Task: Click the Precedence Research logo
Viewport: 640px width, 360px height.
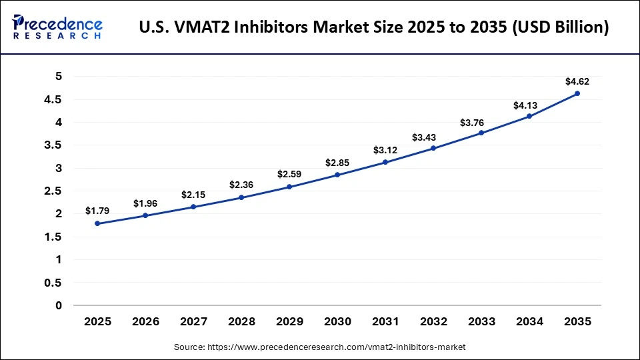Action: [x=57, y=27]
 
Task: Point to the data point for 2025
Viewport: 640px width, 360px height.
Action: [x=97, y=223]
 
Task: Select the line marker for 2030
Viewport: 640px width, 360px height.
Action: [x=337, y=175]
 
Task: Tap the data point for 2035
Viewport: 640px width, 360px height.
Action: [x=577, y=93]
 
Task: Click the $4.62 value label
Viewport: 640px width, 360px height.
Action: [x=577, y=81]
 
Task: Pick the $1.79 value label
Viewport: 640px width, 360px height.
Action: [x=97, y=211]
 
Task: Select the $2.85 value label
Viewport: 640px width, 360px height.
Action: [x=337, y=163]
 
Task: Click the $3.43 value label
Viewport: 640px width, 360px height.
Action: [x=433, y=137]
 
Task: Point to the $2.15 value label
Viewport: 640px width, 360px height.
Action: [x=193, y=195]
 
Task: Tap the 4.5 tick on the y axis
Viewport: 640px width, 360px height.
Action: [x=54, y=99]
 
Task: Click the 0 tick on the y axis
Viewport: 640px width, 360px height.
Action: [x=59, y=305]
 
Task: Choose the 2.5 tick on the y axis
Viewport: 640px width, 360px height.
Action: [x=54, y=191]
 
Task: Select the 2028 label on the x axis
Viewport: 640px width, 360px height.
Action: [x=241, y=321]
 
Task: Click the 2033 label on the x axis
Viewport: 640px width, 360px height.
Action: [x=481, y=321]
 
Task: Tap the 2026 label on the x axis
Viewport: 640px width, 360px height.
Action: [x=145, y=321]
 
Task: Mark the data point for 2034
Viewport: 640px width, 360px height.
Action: [x=529, y=116]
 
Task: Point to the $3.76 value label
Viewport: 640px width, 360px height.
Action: [x=481, y=122]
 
